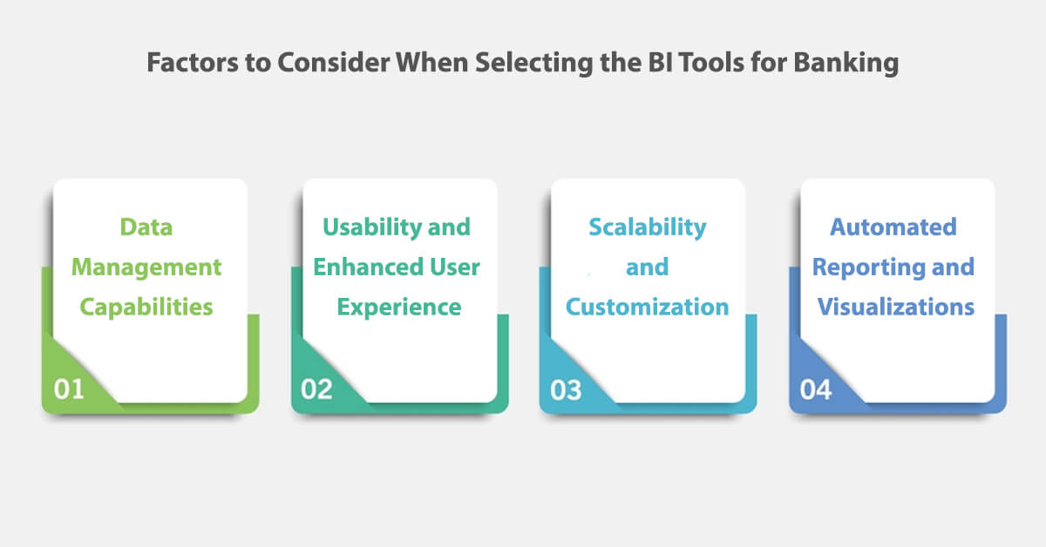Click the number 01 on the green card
click(69, 388)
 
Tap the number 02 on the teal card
click(317, 388)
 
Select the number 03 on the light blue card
click(566, 388)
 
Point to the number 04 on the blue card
click(816, 388)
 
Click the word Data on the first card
click(146, 227)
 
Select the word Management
click(146, 267)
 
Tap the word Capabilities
click(146, 307)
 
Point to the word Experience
click(399, 307)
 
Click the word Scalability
click(648, 227)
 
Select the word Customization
click(648, 307)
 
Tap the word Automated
click(893, 227)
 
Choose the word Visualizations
click(896, 307)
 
